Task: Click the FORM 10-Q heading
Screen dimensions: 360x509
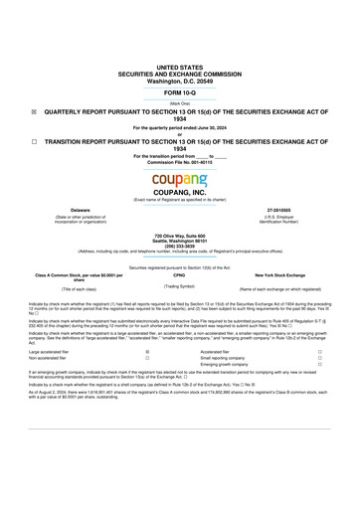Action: (x=180, y=91)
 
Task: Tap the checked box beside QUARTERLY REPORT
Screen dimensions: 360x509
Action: (x=34, y=112)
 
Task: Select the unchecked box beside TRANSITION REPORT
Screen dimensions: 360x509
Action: (x=34, y=141)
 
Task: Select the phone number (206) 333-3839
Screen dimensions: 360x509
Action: (x=180, y=245)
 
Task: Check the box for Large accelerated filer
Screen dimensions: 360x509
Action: (x=147, y=351)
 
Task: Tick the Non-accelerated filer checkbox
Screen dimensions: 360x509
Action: (x=147, y=358)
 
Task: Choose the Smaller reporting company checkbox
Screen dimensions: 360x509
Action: (x=319, y=358)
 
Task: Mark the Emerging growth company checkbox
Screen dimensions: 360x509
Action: (x=319, y=365)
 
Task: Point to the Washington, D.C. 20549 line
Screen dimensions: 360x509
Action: (x=180, y=79)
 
